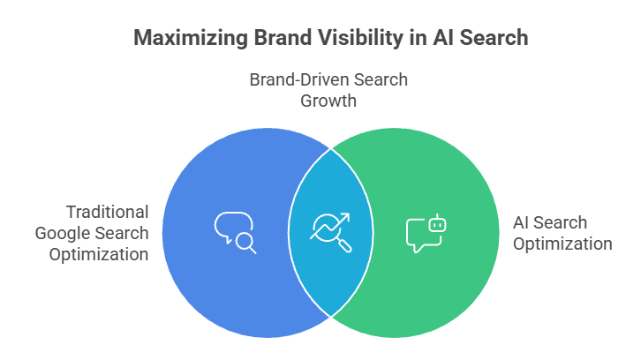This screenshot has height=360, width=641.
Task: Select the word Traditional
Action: tap(107, 212)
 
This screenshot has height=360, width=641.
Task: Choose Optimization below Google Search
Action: tap(98, 254)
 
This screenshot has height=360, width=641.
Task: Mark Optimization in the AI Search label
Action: tap(562, 244)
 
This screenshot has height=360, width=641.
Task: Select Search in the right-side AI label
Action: tap(562, 222)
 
